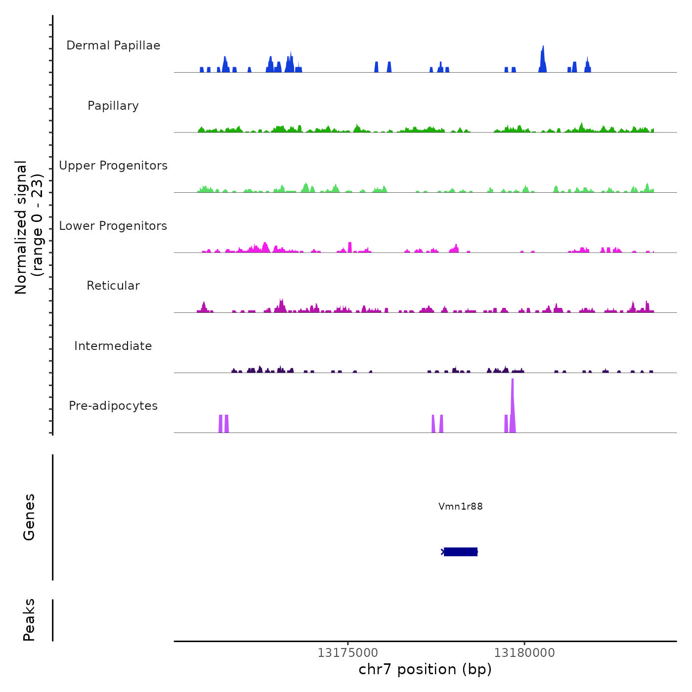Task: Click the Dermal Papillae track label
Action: pos(113,45)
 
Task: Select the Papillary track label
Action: pos(113,106)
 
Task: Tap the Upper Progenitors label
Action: pos(113,166)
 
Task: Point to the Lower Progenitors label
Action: pos(113,226)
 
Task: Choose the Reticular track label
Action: pos(113,286)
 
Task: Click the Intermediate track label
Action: pos(113,346)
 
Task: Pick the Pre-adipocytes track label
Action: pos(113,406)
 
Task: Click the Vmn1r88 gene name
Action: pos(460,506)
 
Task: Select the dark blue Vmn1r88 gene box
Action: pos(461,552)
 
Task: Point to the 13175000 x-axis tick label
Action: pos(347,653)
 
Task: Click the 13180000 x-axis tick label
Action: pos(524,653)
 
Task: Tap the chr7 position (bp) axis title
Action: pos(425,669)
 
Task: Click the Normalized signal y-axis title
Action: pos(29,227)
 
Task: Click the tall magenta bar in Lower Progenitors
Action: pos(350,247)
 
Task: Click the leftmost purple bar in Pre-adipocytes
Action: pos(220,424)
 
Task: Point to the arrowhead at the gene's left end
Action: pos(442,552)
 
